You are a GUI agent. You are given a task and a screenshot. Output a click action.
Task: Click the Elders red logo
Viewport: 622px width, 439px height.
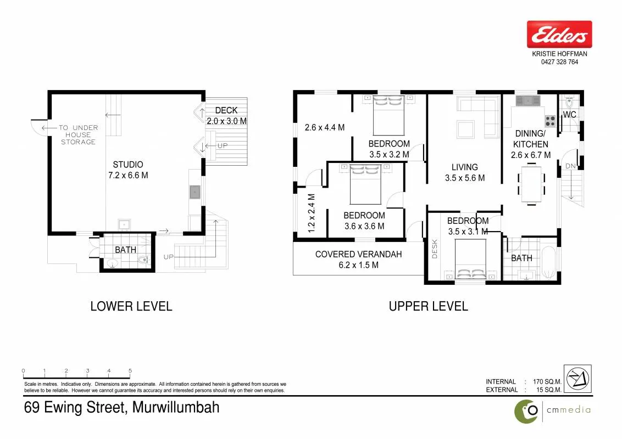tap(559, 34)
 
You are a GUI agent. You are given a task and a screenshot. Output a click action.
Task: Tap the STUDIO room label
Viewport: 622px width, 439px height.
tap(127, 165)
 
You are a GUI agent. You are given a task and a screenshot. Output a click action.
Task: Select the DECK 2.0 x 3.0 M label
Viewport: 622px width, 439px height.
tap(226, 116)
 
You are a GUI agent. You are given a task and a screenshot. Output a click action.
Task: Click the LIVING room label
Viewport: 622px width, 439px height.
tap(464, 167)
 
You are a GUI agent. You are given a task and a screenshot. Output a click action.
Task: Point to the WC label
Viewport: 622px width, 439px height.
tap(570, 115)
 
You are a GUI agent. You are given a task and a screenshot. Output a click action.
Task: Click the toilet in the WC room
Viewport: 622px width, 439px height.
tap(570, 102)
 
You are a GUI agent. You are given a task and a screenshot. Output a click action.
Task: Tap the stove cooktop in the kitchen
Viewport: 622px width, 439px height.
tap(550, 121)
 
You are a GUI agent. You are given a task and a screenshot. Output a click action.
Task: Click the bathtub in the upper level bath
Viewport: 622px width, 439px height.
tap(548, 263)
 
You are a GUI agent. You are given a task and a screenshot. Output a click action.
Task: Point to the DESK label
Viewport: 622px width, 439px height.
tap(435, 249)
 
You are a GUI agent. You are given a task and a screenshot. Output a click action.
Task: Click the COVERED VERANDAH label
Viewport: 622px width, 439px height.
tap(359, 255)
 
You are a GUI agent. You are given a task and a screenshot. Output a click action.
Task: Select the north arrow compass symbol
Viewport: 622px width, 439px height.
tap(577, 379)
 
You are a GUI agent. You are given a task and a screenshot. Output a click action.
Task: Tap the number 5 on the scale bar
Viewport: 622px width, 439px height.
tap(130, 371)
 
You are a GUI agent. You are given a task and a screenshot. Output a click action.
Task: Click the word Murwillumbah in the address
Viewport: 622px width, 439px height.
tap(176, 407)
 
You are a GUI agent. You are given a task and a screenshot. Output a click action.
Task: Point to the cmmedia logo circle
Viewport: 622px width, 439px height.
tap(526, 412)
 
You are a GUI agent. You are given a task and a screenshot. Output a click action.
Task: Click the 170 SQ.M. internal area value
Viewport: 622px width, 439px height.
tap(547, 381)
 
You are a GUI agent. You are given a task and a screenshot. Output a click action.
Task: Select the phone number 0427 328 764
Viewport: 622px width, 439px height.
tap(559, 62)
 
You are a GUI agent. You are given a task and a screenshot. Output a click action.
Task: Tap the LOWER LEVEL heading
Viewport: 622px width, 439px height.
tap(131, 306)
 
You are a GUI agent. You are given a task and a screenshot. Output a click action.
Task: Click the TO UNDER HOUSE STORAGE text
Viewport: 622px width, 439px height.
tap(79, 134)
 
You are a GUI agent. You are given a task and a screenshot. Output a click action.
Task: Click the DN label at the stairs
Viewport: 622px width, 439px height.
tap(570, 166)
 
